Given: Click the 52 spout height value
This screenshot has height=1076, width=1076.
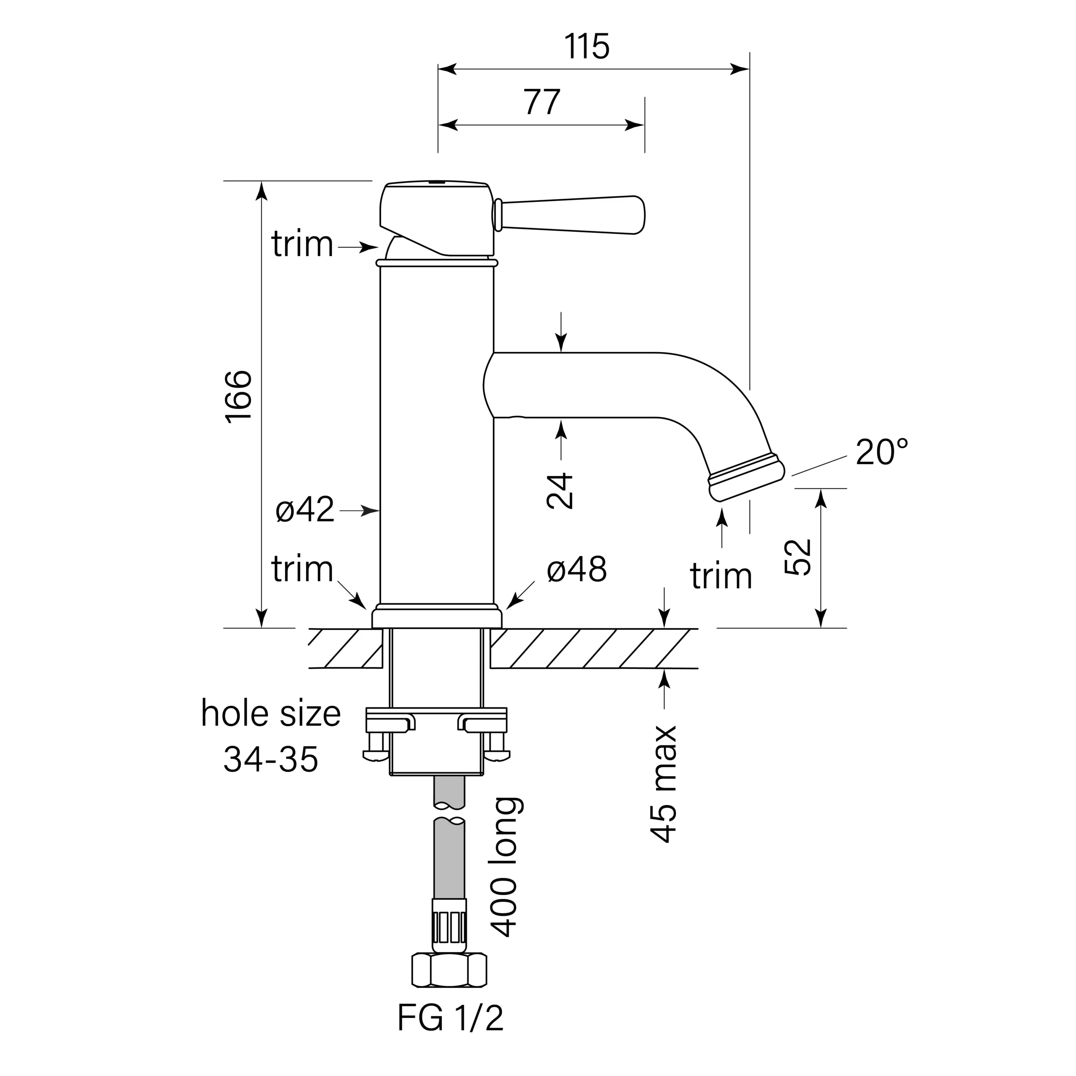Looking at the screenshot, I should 797,557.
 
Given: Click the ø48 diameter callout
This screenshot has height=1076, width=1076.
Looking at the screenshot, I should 576,570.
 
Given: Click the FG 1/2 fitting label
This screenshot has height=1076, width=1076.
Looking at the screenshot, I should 450,1034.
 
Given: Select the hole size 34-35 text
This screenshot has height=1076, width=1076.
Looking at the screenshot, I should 271,736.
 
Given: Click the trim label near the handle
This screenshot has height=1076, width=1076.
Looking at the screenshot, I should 303,244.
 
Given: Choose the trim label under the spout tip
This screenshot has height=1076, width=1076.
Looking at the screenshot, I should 721,576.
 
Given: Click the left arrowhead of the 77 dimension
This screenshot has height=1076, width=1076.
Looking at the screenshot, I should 447,125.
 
